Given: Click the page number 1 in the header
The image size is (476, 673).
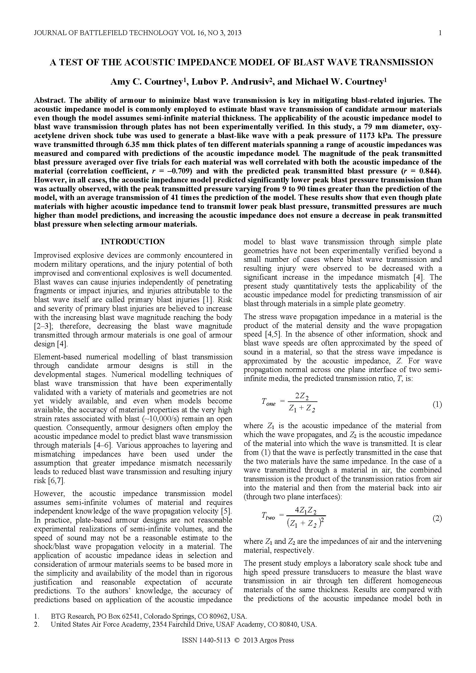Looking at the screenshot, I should click(x=440, y=33).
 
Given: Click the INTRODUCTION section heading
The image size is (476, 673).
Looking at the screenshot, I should click(x=133, y=242).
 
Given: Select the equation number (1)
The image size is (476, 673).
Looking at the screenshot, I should click(x=437, y=405).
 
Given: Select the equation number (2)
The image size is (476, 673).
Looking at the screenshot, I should click(x=437, y=518).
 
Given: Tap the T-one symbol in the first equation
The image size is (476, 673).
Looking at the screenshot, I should click(x=268, y=402).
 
